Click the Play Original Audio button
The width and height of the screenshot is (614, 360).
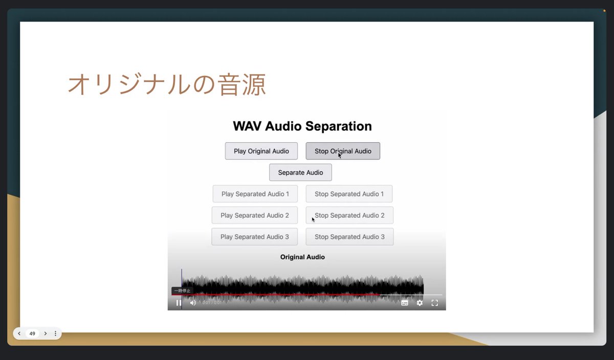pos(261,151)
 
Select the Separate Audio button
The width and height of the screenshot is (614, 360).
pos(300,172)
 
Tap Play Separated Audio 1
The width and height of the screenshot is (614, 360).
pos(255,194)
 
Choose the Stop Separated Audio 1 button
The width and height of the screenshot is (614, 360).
pos(349,194)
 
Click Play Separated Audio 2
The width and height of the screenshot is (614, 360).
pos(254,215)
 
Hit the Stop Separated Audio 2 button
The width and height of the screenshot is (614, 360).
pos(349,215)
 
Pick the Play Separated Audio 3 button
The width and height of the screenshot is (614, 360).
pos(254,237)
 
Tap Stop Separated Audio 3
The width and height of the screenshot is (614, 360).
pos(349,237)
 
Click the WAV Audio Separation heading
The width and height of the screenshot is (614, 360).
pos(302,126)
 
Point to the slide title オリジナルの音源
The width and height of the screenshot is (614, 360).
pos(167,85)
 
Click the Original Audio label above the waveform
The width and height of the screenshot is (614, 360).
pos(302,257)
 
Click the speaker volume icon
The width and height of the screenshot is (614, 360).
pos(193,303)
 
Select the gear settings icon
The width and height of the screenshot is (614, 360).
pos(420,303)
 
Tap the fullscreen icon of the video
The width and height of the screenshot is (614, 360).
pos(434,303)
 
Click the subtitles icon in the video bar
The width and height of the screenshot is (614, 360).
pos(405,303)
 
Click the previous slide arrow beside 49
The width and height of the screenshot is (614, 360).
pos(19,333)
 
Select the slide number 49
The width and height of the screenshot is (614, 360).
pos(32,333)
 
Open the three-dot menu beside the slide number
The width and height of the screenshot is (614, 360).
pos(55,333)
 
